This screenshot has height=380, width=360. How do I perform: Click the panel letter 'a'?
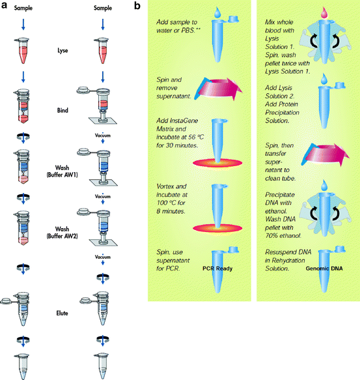point(4,5)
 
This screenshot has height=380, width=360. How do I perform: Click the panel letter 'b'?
point(137,5)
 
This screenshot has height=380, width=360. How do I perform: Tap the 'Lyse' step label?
point(62,51)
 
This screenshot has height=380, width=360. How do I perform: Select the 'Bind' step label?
point(62,110)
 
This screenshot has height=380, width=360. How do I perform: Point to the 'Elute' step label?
point(62,313)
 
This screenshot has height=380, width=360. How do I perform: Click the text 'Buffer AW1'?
point(62,175)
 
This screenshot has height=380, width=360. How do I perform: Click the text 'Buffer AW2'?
point(62,236)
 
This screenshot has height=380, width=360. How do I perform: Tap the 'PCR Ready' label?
point(217,269)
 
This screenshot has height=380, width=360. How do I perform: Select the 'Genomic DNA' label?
point(324,269)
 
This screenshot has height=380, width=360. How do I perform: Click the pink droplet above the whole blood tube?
point(324,13)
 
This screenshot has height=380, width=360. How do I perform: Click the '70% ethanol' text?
point(283,235)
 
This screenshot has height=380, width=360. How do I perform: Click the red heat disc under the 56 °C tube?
point(217,163)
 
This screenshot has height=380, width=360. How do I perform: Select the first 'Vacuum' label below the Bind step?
point(103,135)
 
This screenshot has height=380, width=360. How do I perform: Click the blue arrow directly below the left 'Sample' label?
point(23,25)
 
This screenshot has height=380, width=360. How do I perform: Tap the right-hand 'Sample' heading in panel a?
point(103,8)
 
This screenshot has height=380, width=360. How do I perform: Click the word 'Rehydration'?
point(288,261)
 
